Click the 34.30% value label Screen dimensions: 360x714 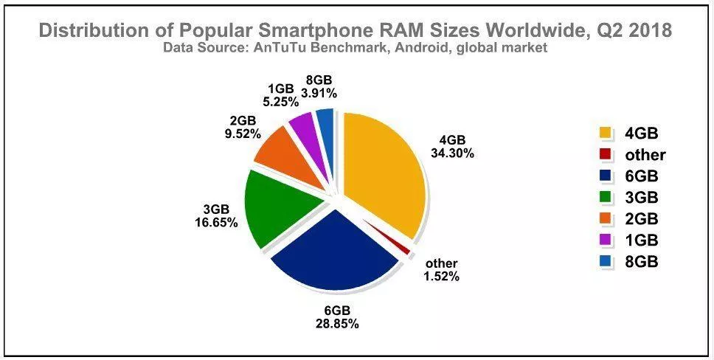[452, 154]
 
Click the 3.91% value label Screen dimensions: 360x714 [322, 94]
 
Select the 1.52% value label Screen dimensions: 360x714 [442, 277]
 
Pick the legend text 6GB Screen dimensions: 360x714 [639, 176]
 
